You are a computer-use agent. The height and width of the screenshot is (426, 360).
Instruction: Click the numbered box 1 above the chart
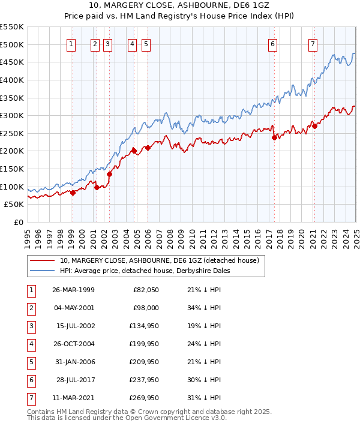[71, 43]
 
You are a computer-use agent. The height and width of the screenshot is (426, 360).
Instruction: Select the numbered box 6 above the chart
[272, 43]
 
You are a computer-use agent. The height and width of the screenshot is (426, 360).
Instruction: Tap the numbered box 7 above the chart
[313, 43]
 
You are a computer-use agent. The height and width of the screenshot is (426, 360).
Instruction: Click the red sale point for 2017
[274, 137]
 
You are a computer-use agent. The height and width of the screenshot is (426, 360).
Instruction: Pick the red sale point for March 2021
[314, 126]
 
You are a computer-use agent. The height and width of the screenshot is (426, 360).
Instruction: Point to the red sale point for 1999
[73, 193]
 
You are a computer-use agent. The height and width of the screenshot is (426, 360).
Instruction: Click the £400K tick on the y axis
[12, 80]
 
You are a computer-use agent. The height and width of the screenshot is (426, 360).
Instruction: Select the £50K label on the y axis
[14, 205]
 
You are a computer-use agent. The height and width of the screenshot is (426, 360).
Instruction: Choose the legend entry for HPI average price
[145, 271]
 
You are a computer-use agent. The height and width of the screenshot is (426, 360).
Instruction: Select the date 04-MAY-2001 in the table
[73, 308]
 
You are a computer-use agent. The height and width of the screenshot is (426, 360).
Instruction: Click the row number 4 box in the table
[31, 344]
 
